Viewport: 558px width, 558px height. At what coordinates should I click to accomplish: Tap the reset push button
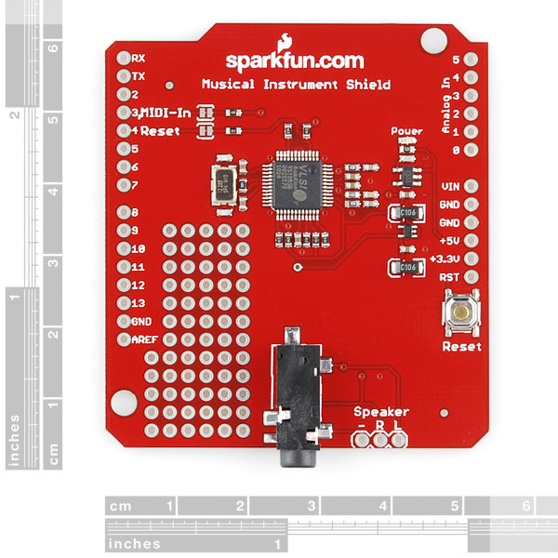click(x=461, y=312)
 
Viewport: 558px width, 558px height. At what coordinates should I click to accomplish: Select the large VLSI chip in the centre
click(x=304, y=181)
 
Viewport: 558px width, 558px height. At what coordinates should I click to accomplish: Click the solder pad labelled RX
click(x=122, y=58)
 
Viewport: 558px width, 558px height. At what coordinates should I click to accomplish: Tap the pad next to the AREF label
click(x=122, y=339)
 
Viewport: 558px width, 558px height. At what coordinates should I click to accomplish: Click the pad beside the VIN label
click(x=471, y=186)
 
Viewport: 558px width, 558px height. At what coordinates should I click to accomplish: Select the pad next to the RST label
click(x=471, y=277)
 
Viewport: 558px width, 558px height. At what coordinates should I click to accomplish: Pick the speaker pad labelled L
click(x=398, y=437)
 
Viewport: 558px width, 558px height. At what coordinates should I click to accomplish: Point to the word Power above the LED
click(x=406, y=131)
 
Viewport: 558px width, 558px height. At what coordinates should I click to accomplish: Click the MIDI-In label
click(x=167, y=113)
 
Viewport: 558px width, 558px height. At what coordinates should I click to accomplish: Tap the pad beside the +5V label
click(x=471, y=241)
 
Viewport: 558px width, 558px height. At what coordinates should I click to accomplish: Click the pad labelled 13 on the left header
click(x=122, y=303)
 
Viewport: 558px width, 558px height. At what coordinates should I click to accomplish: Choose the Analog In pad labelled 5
click(x=471, y=60)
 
